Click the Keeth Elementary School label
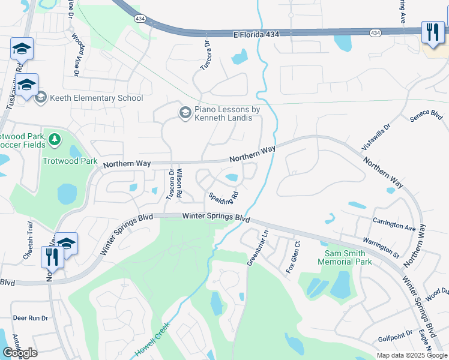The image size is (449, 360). pos(96,98)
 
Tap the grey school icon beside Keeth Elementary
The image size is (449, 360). pos(41,98)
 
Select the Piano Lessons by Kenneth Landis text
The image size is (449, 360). pos(227,113)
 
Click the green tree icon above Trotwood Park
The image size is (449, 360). pos(55,140)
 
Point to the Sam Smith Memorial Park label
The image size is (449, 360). pos(345,257)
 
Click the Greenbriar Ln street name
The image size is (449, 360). pos(258,247)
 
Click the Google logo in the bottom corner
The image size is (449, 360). pos(20,353)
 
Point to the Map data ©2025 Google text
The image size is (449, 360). pos(412,355)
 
